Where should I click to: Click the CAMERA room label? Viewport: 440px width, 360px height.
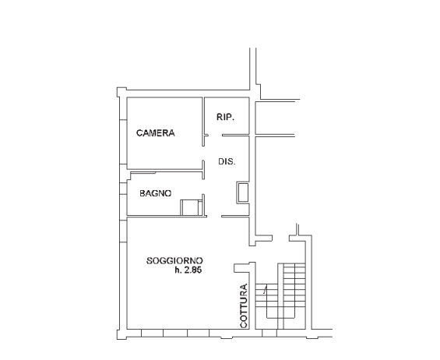point(156,132)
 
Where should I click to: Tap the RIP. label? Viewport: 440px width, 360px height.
point(225,117)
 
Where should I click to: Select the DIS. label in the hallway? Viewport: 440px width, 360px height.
point(227,161)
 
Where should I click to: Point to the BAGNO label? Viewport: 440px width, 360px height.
point(156,193)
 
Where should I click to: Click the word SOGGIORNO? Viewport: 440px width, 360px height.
point(174,260)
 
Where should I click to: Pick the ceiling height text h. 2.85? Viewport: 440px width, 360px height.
point(188,270)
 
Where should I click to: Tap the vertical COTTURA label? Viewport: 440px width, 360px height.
point(244,305)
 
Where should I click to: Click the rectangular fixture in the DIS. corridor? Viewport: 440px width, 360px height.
point(243,192)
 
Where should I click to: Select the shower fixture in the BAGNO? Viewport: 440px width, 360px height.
point(191,207)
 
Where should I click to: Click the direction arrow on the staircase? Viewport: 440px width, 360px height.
point(265,288)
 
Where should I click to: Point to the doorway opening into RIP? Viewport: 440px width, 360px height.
point(215,136)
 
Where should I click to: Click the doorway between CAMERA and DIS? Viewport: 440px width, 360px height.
point(203,153)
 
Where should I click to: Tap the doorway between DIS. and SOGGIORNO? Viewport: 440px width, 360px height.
point(214,216)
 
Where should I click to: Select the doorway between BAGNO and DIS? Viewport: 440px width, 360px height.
point(203,186)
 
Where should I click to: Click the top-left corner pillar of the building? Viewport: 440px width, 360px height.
point(121,92)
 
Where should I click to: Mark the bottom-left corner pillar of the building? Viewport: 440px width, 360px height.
point(121,334)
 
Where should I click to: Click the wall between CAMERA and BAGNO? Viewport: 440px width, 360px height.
point(165,170)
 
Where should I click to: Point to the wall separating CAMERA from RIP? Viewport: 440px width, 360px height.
point(203,122)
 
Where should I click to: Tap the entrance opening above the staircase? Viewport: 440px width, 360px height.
point(280,238)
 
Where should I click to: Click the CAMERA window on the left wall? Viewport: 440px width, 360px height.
point(123,142)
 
